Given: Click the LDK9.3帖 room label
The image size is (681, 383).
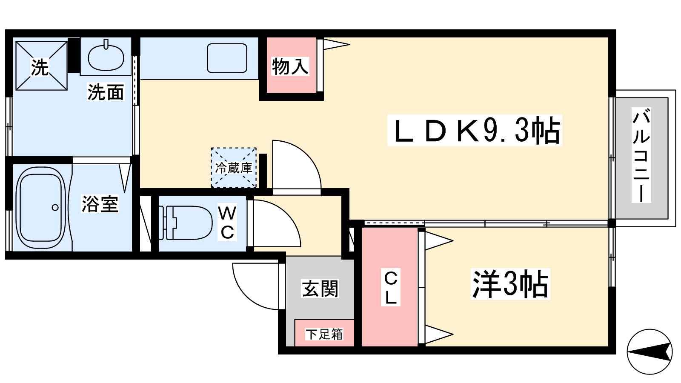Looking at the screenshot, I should (475, 131).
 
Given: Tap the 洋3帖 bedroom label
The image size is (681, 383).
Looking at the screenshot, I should (510, 284).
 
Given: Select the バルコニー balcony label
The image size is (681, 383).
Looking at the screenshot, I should (641, 155).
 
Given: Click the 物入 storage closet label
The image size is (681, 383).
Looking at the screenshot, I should (290, 66).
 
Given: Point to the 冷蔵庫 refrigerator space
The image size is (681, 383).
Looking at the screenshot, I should (234, 168).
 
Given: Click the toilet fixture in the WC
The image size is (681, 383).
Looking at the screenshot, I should (187, 222).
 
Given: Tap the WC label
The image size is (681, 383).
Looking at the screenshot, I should (227, 223).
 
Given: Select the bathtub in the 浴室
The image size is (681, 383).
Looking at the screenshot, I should (40, 208).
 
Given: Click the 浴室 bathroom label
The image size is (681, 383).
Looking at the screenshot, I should (100, 204).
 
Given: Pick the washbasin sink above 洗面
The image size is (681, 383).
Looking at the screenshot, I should (106, 57).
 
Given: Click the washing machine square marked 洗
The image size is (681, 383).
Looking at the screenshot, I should (41, 66).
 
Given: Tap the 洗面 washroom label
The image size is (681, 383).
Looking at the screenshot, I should (106, 92).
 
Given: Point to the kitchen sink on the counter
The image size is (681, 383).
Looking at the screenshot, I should (227, 58).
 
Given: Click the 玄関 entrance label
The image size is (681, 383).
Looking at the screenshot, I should (320, 289).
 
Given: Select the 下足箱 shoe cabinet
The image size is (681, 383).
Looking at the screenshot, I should (324, 334).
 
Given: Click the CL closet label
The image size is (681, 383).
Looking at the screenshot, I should (391, 287).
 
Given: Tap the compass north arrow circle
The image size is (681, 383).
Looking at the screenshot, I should (649, 352).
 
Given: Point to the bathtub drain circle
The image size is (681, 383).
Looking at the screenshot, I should (55, 208).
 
